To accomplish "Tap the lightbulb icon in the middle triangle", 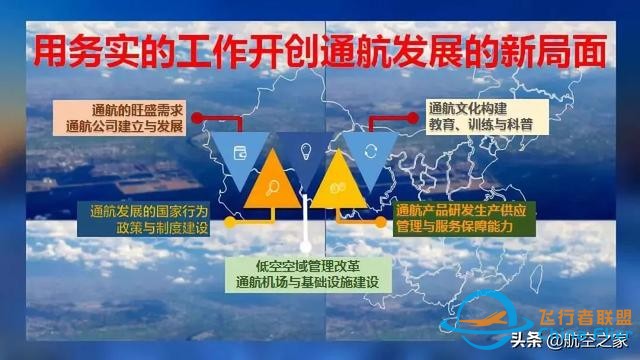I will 306,153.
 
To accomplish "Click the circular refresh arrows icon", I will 369,152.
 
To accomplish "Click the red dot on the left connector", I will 197,118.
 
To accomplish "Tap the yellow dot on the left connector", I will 230,222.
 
